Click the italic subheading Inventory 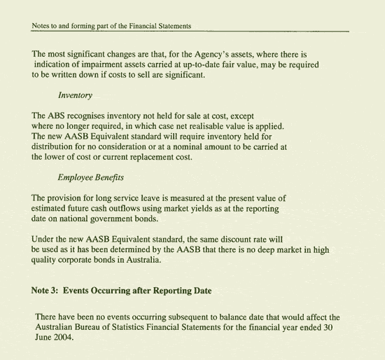(x=75, y=95)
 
